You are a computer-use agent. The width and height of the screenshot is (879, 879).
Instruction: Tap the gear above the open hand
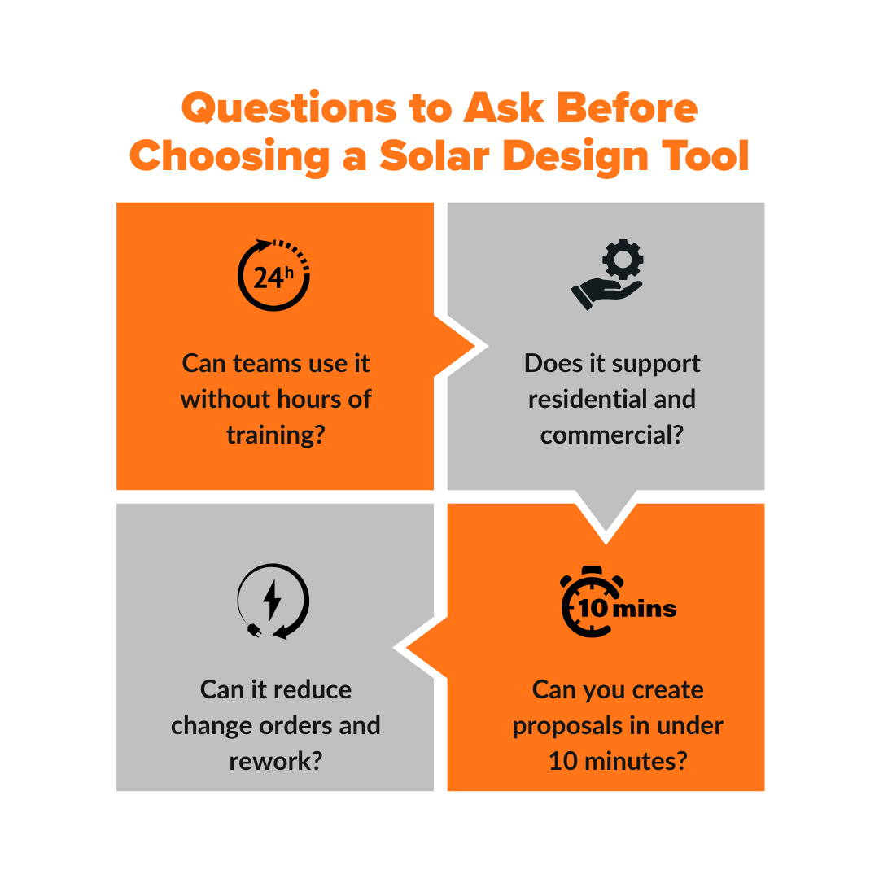pyautogui.click(x=623, y=260)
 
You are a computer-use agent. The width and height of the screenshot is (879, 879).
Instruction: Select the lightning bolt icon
pyautogui.click(x=273, y=600)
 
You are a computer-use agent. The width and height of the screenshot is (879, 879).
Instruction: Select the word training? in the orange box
pyautogui.click(x=276, y=435)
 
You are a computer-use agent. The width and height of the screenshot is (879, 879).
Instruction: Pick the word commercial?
pyautogui.click(x=611, y=435)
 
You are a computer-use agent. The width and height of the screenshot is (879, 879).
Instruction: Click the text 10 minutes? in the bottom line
pyautogui.click(x=618, y=761)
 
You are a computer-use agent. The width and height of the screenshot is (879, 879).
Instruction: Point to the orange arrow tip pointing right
pyautogui.click(x=470, y=348)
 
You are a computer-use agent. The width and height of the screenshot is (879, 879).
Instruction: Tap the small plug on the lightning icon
pyautogui.click(x=253, y=629)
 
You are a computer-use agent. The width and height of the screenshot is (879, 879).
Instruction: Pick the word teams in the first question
pyautogui.click(x=267, y=363)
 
